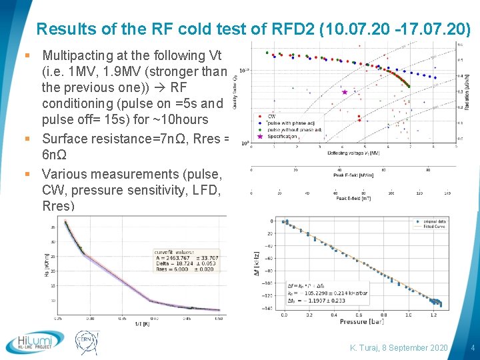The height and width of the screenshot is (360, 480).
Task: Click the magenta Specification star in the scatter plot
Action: pyautogui.click(x=345, y=92)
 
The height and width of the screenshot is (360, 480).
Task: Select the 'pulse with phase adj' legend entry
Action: pyautogui.click(x=293, y=123)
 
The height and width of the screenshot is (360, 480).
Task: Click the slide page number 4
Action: pyautogui.click(x=472, y=348)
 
